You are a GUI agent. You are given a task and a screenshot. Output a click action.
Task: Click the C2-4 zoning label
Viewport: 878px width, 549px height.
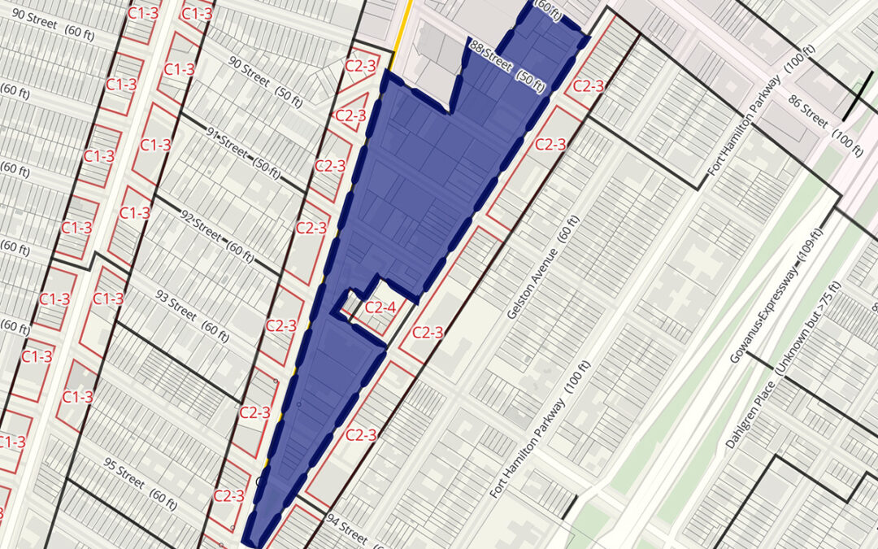coord(380,307)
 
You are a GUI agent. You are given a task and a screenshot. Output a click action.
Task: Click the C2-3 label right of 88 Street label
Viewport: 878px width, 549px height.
coord(587,86)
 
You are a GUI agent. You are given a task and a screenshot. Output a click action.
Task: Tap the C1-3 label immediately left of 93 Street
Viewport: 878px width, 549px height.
coord(108,298)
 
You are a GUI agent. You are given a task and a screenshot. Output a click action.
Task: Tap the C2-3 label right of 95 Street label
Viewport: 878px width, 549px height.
coord(228,495)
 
